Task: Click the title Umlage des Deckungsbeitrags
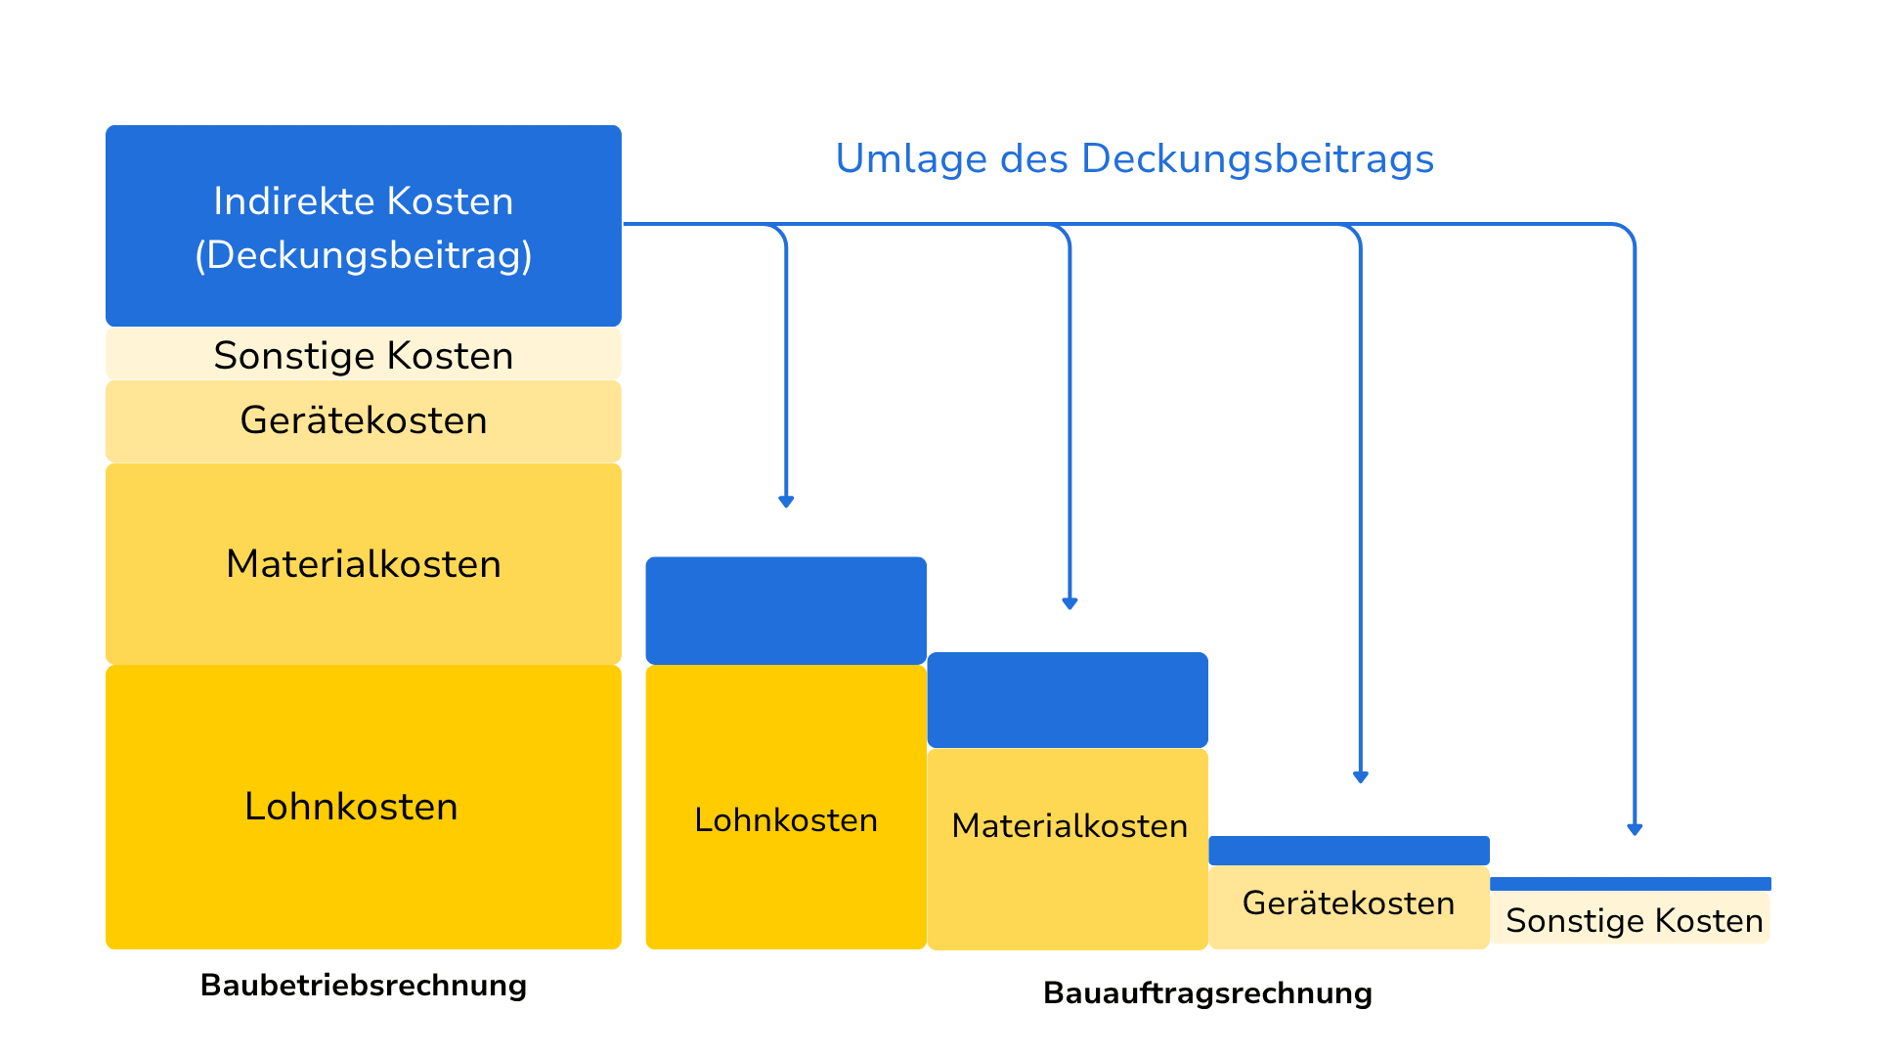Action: [1134, 159]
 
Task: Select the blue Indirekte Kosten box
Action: [364, 226]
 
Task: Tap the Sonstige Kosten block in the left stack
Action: [364, 354]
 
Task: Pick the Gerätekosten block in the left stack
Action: [364, 421]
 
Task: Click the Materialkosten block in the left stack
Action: [364, 564]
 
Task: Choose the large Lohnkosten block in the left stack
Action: [364, 807]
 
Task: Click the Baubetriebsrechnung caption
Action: [364, 985]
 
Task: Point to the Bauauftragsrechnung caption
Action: [1207, 992]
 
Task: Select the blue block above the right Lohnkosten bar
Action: [786, 611]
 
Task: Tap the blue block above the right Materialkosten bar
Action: [1068, 700]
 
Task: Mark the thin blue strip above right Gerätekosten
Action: [1349, 851]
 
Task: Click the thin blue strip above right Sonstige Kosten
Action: [1631, 884]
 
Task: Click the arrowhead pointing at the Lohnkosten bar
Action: [786, 502]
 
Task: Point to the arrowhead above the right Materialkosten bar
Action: [1069, 603]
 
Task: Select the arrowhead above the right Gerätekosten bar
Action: [1361, 777]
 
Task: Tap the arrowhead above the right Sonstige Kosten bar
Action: [1635, 829]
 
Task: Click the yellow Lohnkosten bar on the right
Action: [786, 807]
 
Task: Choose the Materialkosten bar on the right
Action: [1068, 849]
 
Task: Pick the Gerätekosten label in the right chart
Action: [1348, 902]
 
